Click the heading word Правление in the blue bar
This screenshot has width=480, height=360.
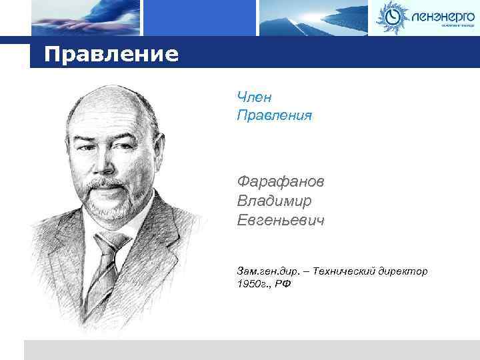click(x=112, y=53)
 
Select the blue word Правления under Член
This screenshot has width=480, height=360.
click(x=274, y=116)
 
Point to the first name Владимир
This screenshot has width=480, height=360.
click(x=273, y=201)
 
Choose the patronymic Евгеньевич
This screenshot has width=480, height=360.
click(x=281, y=220)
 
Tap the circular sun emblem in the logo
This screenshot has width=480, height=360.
click(x=391, y=16)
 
